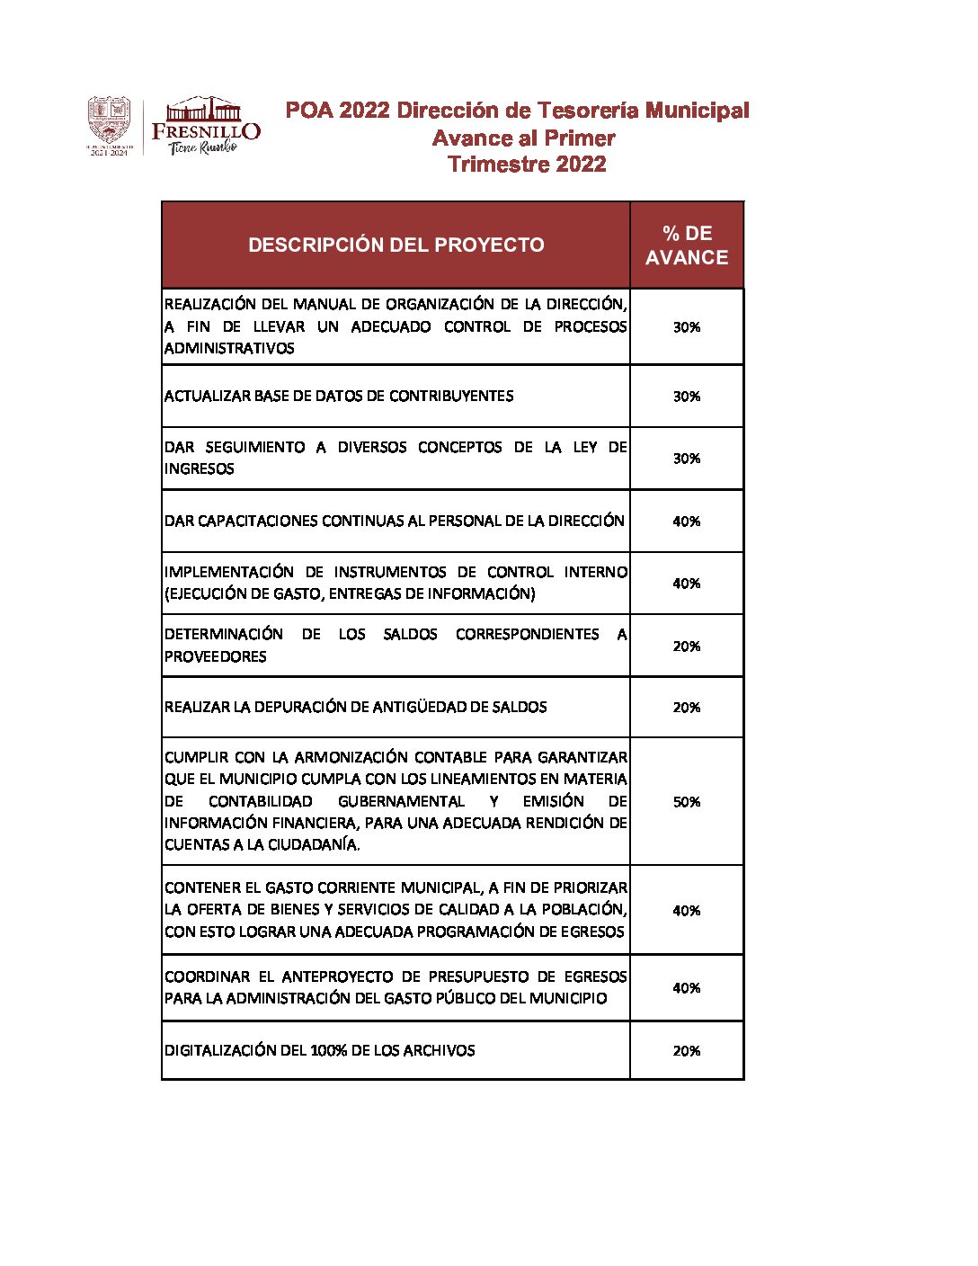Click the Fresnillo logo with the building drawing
point(206,126)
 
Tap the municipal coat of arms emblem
point(109,126)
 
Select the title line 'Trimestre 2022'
point(527,165)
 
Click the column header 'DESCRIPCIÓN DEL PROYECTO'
point(396,245)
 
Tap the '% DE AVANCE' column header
point(687,245)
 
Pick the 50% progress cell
point(687,802)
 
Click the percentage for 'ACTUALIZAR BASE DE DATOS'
point(687,397)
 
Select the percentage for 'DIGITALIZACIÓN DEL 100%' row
point(687,1051)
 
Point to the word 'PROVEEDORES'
point(215,657)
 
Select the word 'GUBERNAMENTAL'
point(401,802)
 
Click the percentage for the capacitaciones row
point(687,522)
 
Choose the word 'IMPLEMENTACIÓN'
point(228,573)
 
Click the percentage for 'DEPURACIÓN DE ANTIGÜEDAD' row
point(687,708)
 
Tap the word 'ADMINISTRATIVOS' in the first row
point(228,349)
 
